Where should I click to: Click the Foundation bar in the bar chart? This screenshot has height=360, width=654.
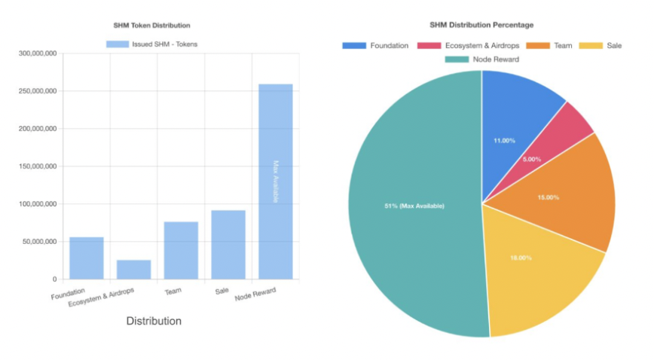(86, 258)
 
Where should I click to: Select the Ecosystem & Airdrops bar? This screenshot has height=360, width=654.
(133, 270)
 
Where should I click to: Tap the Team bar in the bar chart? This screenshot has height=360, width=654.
(181, 250)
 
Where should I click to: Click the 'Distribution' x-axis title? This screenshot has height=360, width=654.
(154, 321)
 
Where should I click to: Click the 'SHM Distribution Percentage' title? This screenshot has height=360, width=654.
(482, 26)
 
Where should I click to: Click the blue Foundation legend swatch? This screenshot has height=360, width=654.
(354, 45)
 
